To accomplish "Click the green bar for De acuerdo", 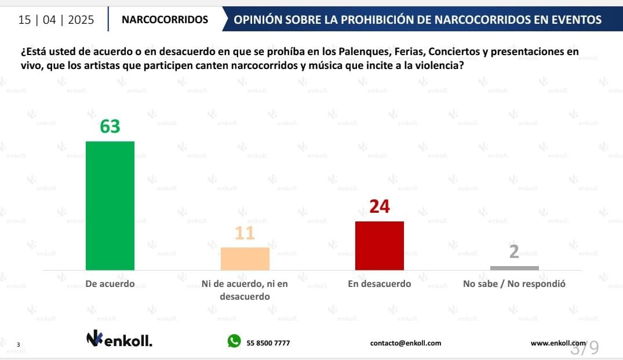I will coord(110,206).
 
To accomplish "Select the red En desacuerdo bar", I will coord(379,245).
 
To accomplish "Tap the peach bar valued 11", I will coord(245,259).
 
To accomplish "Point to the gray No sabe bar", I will coord(514,268).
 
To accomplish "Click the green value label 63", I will coord(110,126).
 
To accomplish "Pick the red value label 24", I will coord(379,206).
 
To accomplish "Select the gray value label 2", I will coord(514,252).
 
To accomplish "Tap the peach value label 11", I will coord(245,233).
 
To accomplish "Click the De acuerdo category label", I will coord(110,284).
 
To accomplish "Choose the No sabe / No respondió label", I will coord(514,284).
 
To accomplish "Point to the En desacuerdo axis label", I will coord(379,284).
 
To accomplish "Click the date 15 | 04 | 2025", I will coord(56,20).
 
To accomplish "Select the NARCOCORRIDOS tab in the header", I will coord(165,20).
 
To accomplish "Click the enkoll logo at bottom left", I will coord(119,339).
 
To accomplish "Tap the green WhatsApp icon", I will coord(234,341).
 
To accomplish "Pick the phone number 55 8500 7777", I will coord(268,343).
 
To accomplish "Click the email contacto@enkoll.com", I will coord(406,343).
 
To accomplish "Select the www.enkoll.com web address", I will coord(558,343).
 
